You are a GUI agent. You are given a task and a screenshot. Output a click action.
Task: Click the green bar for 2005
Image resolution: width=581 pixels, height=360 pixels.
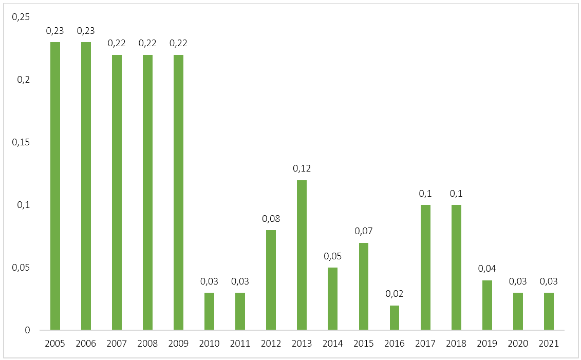(x=55, y=186)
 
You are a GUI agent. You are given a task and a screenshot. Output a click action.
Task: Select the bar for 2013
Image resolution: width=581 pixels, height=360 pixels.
(x=302, y=255)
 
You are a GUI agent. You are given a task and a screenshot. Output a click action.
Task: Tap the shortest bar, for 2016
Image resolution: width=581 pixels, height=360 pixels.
(x=395, y=317)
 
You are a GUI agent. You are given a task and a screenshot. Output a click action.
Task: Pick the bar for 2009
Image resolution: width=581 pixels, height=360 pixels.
(x=178, y=192)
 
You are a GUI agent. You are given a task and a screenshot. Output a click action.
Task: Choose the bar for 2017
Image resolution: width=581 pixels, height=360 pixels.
(x=425, y=267)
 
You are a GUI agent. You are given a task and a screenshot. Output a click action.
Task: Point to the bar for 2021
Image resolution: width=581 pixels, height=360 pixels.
(x=549, y=311)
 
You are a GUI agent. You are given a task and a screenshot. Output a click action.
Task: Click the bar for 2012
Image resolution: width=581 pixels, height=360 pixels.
(x=271, y=280)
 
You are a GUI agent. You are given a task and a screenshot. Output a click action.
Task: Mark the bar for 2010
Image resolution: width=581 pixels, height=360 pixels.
(x=209, y=311)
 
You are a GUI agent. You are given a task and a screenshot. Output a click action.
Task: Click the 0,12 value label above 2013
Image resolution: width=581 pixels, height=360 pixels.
(x=302, y=168)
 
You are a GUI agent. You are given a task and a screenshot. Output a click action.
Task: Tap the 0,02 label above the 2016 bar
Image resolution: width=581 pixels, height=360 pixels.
(x=395, y=294)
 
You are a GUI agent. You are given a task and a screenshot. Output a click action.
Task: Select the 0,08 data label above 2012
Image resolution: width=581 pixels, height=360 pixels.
(x=271, y=219)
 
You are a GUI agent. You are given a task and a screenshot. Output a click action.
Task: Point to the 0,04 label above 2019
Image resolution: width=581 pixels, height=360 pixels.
(x=487, y=269)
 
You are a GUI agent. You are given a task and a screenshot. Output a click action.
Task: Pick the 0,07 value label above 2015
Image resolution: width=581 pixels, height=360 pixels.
(x=364, y=231)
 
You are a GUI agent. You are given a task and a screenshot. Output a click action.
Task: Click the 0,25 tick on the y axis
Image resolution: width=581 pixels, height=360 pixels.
(x=21, y=17)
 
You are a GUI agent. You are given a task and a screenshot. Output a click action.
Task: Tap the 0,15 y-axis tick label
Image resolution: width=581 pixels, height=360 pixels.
(x=21, y=142)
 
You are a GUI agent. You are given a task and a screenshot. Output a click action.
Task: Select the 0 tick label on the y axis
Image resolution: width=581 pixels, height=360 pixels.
(x=28, y=330)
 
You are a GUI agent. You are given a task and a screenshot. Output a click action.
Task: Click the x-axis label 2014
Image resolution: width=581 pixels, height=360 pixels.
(x=332, y=344)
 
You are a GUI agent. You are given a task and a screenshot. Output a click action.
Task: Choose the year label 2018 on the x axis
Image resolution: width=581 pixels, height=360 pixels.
(x=456, y=344)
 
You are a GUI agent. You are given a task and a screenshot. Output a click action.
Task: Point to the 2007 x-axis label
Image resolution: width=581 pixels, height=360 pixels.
(x=117, y=344)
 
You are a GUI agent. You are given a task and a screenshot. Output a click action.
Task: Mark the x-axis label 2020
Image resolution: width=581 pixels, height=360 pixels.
(x=518, y=344)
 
